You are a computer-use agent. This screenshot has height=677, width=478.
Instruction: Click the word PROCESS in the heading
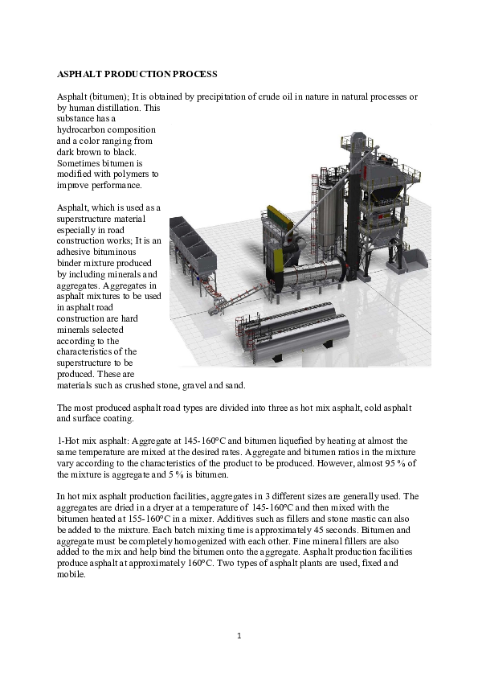click(x=194, y=74)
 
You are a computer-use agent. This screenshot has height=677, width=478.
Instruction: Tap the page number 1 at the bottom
click(x=239, y=636)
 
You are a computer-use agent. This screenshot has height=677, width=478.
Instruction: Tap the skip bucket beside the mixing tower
click(x=416, y=260)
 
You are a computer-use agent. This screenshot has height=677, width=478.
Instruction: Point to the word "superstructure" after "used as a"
click(x=86, y=218)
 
